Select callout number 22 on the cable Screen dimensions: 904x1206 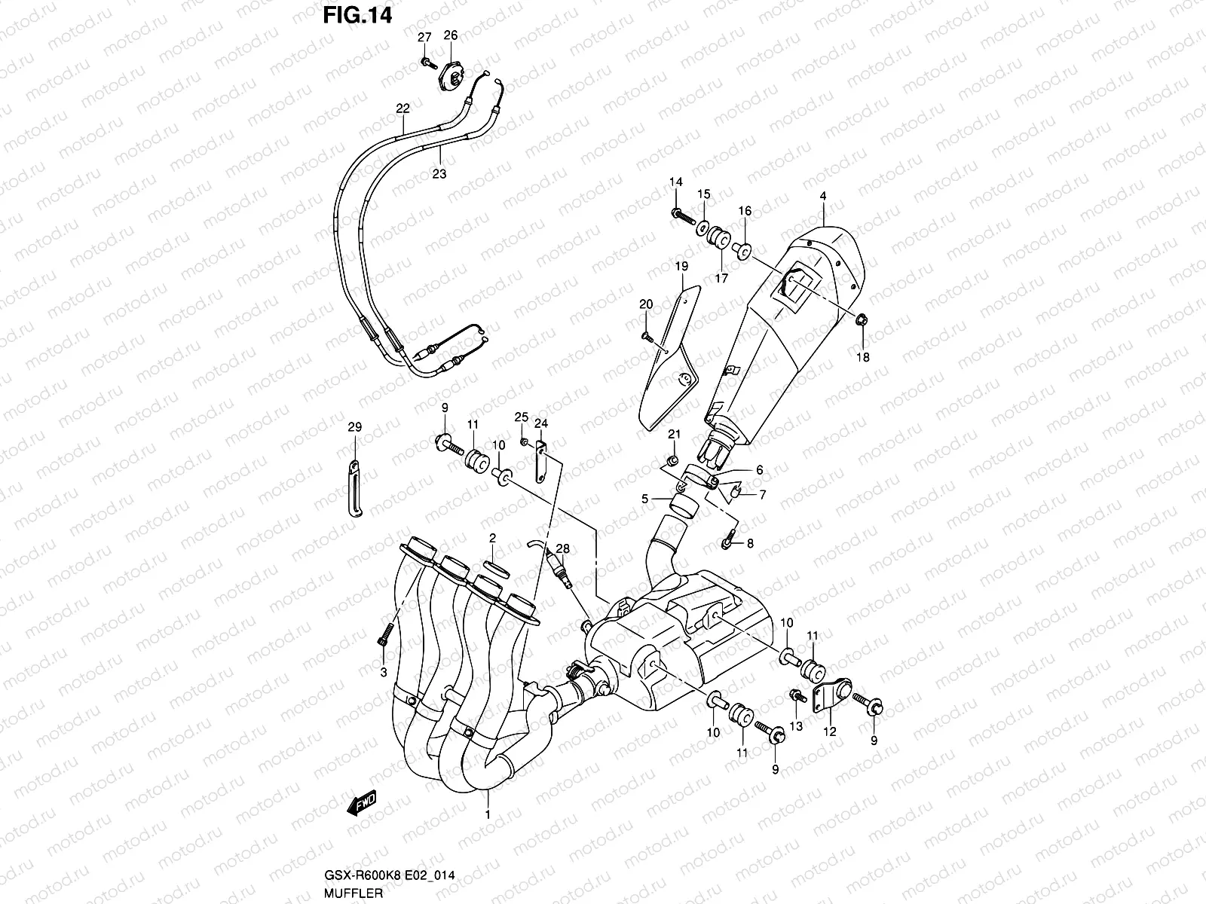(403, 108)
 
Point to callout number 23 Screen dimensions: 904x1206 (439, 173)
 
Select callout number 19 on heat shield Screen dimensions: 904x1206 (681, 266)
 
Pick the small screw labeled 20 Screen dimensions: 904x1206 (647, 336)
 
